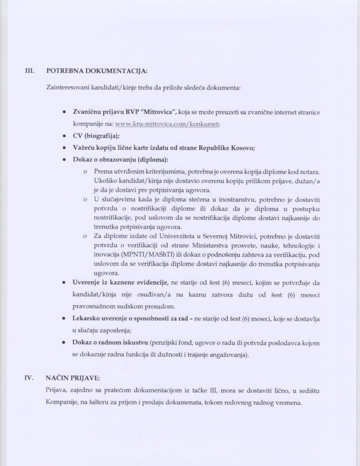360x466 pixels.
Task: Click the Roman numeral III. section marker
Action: [30, 71]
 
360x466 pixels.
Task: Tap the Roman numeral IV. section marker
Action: [29, 378]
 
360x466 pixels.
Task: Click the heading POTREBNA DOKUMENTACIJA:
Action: [97, 71]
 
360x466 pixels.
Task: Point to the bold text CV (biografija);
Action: [96, 136]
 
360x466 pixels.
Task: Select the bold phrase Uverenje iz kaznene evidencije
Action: [121, 283]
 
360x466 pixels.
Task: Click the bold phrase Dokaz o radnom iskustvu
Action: [110, 343]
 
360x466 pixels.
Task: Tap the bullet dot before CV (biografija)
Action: [65, 136]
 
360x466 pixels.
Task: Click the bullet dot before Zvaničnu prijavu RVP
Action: [65, 112]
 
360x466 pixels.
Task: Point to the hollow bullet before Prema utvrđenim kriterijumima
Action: [85, 172]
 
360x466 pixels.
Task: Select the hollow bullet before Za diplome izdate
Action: [85, 236]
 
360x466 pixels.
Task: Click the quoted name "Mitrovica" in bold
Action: [158, 112]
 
